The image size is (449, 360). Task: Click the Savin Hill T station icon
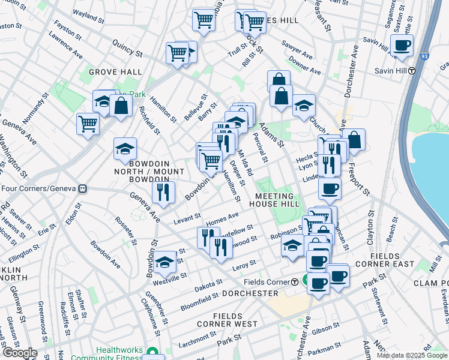click(x=412, y=71)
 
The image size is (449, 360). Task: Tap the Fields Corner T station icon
click(x=295, y=282)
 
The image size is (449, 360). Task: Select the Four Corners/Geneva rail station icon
click(x=83, y=188)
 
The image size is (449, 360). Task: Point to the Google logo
click(x=19, y=353)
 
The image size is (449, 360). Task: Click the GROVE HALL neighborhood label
click(x=115, y=72)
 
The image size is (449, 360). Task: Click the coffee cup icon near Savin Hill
click(x=402, y=45)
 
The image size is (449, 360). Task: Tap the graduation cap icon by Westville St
click(x=165, y=262)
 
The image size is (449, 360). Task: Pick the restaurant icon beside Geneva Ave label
click(x=163, y=192)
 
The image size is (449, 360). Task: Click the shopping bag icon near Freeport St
click(x=354, y=140)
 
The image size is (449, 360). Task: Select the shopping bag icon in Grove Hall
click(x=121, y=106)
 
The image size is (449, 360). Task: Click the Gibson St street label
click(x=327, y=329)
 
